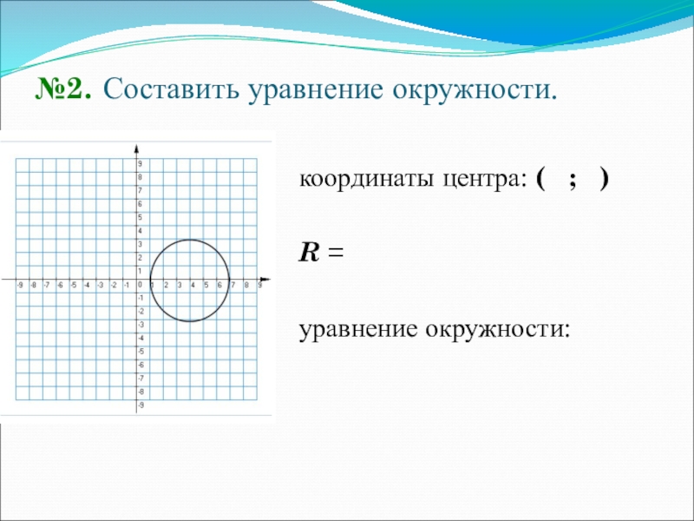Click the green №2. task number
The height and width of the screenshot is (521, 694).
(63, 89)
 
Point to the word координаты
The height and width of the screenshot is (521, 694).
(366, 181)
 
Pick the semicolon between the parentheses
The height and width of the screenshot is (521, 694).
(573, 182)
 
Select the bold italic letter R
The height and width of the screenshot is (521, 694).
(309, 253)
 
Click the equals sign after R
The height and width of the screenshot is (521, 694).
(336, 254)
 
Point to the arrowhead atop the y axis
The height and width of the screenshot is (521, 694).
(137, 148)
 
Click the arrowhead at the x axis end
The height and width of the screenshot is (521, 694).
(265, 280)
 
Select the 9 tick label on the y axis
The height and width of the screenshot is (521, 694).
(140, 164)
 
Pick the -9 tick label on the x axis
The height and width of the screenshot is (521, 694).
(20, 286)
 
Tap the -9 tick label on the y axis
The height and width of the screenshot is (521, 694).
(141, 406)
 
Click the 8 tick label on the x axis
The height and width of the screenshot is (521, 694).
(246, 286)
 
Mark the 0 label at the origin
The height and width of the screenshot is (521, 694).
(140, 286)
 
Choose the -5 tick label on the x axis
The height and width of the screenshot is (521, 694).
(74, 286)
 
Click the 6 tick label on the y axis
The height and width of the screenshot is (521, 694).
(140, 204)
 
